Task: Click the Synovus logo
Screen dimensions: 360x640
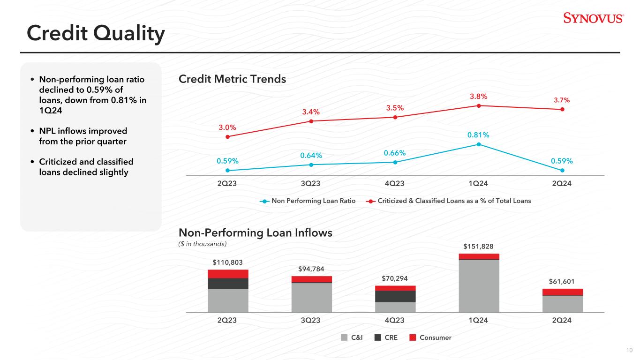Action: click(593, 18)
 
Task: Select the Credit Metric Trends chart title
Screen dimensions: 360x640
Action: click(232, 79)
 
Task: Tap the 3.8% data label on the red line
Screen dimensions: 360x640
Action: click(479, 97)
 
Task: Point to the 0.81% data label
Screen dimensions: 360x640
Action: click(478, 135)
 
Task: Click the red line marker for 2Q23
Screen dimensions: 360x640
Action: click(227, 137)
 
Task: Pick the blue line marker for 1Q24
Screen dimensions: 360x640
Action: click(479, 144)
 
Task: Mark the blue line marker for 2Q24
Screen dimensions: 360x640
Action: click(562, 170)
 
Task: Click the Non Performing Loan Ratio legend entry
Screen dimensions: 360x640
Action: click(308, 201)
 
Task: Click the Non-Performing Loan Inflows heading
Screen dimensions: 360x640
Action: click(256, 232)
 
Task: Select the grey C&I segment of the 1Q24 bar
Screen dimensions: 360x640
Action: click(479, 285)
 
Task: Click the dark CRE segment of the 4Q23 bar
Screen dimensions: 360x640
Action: click(395, 296)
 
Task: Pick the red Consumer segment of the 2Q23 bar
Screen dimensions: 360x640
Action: click(228, 274)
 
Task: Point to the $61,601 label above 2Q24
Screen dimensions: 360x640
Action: click(562, 281)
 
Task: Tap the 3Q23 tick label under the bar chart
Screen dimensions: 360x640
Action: click(311, 320)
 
